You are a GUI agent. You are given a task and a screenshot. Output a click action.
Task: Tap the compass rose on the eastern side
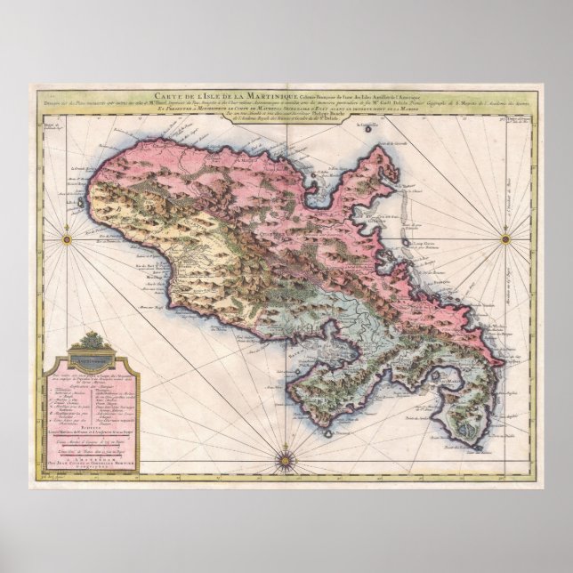pos(505,238)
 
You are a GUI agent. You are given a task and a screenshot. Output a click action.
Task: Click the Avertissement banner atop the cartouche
pos(92,361)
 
